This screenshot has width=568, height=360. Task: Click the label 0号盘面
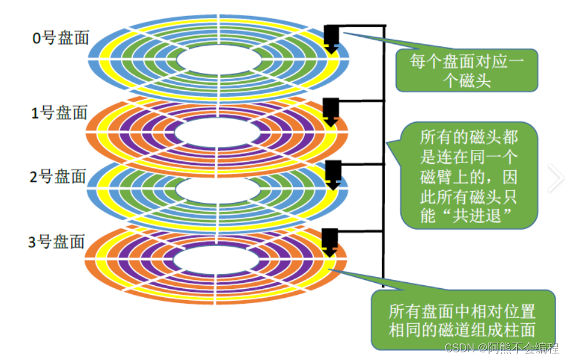point(60,38)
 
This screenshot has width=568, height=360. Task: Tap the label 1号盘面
point(59,113)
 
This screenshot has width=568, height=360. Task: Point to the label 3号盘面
point(57,241)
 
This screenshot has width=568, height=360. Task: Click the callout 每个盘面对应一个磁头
point(467,70)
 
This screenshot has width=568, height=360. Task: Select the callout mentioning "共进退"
point(469,177)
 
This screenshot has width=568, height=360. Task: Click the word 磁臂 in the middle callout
point(436,177)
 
